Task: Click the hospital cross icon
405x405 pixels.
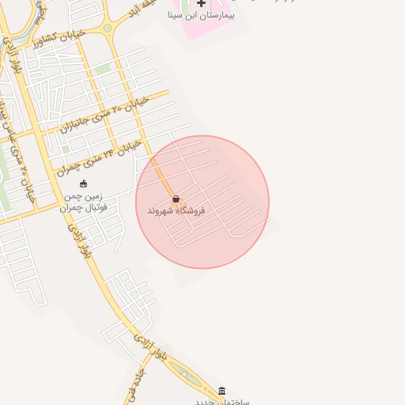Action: tap(201, 4)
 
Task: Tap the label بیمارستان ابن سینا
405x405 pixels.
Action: tap(201, 15)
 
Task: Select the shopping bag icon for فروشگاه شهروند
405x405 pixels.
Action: tap(176, 199)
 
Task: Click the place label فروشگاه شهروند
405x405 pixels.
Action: tap(176, 211)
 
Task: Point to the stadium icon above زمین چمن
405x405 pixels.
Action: tap(84, 184)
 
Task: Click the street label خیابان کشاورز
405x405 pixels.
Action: tap(53, 41)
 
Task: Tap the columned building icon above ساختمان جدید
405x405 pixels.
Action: tap(221, 391)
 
